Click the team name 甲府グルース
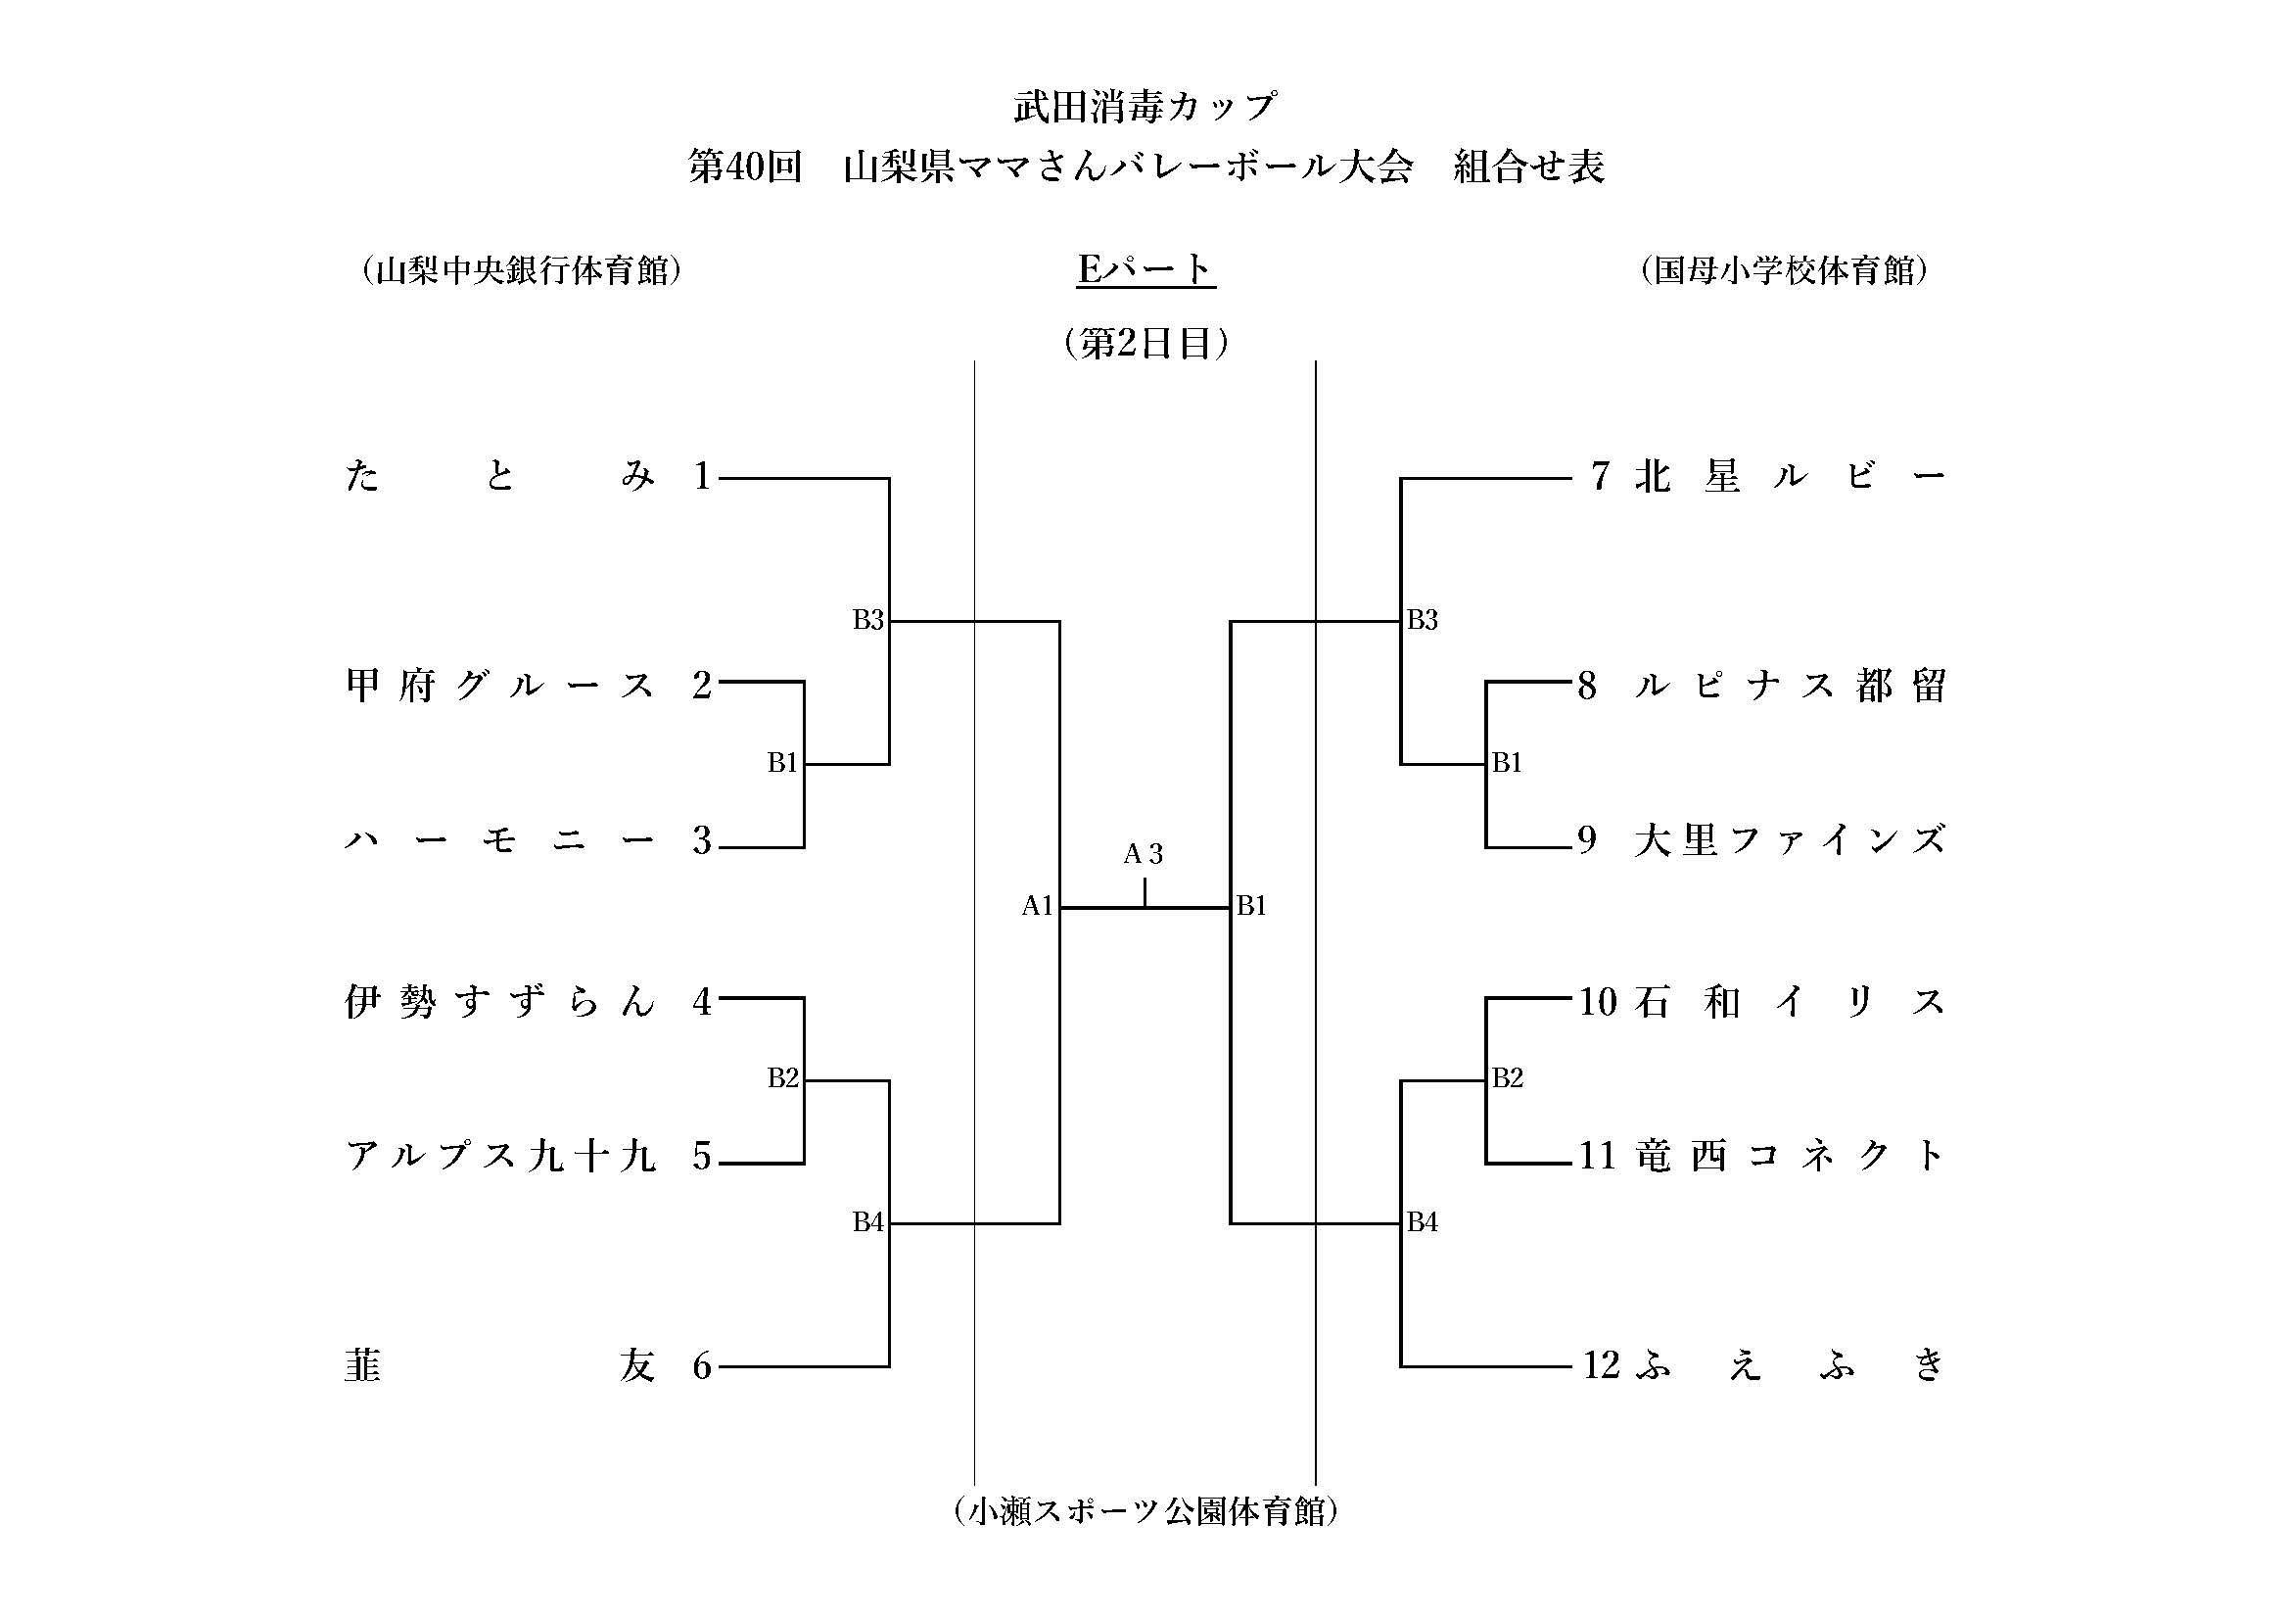pyautogui.click(x=499, y=687)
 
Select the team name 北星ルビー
pyautogui.click(x=1790, y=477)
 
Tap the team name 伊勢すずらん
pyautogui.click(x=499, y=1002)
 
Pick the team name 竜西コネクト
pyautogui.click(x=1790, y=1156)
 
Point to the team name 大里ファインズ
pyautogui.click(x=1790, y=841)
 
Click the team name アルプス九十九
pyautogui.click(x=499, y=1157)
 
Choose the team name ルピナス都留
pyautogui.click(x=1790, y=687)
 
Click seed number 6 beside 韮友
pyautogui.click(x=702, y=1366)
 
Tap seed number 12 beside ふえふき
pyautogui.click(x=1601, y=1365)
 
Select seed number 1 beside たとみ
pyautogui.click(x=702, y=477)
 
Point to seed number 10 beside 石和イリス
pyautogui.click(x=1597, y=1002)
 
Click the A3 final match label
pyautogui.click(x=1143, y=854)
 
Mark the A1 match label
pyautogui.click(x=1037, y=906)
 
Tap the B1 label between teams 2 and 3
pyautogui.click(x=783, y=763)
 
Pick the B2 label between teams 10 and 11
pyautogui.click(x=1507, y=1078)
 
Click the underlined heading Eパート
pyautogui.click(x=1145, y=269)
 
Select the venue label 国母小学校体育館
pyautogui.click(x=1782, y=270)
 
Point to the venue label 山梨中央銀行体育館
pyautogui.click(x=522, y=270)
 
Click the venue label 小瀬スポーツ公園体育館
pyautogui.click(x=1145, y=1511)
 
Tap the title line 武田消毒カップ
pyautogui.click(x=1145, y=107)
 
